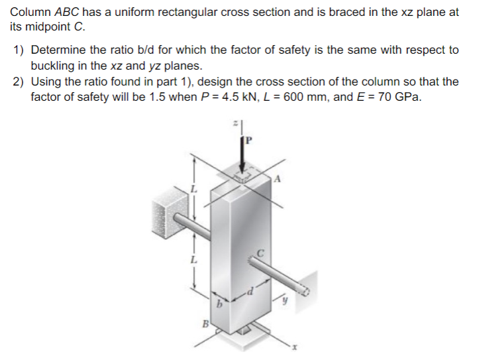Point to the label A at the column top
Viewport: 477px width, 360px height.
click(x=277, y=178)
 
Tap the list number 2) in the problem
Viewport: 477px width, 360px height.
click(x=19, y=82)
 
